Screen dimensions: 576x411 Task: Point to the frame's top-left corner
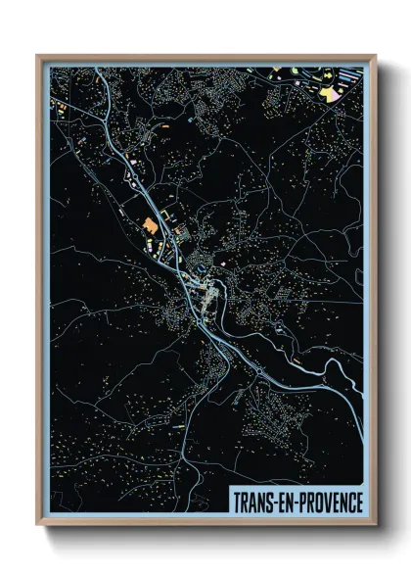click(x=37, y=55)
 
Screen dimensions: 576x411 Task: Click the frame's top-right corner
click(x=377, y=55)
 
